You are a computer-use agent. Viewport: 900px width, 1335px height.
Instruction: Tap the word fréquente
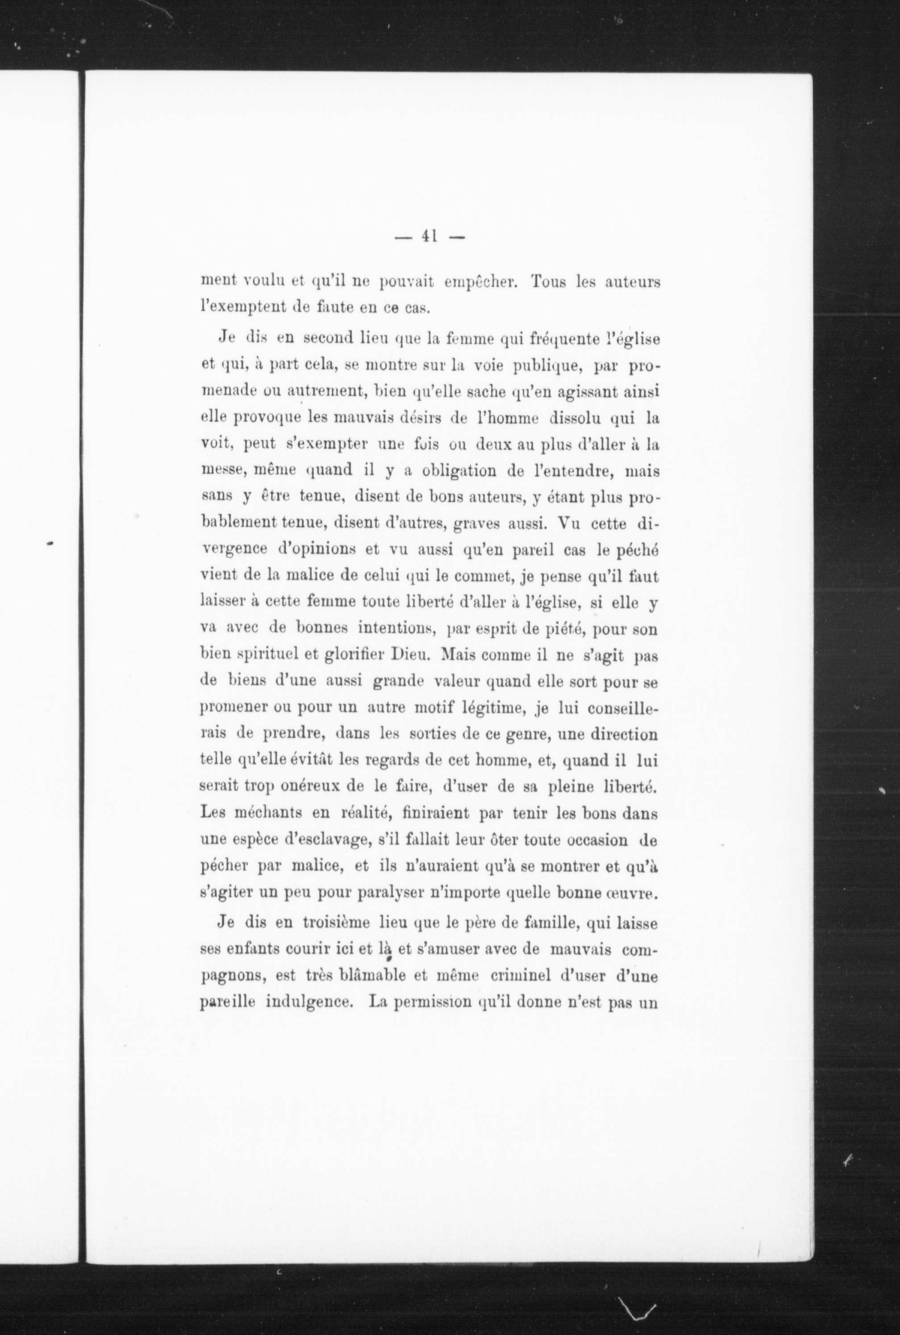pyautogui.click(x=592, y=339)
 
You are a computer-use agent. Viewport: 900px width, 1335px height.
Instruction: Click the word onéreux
pyautogui.click(x=309, y=787)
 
